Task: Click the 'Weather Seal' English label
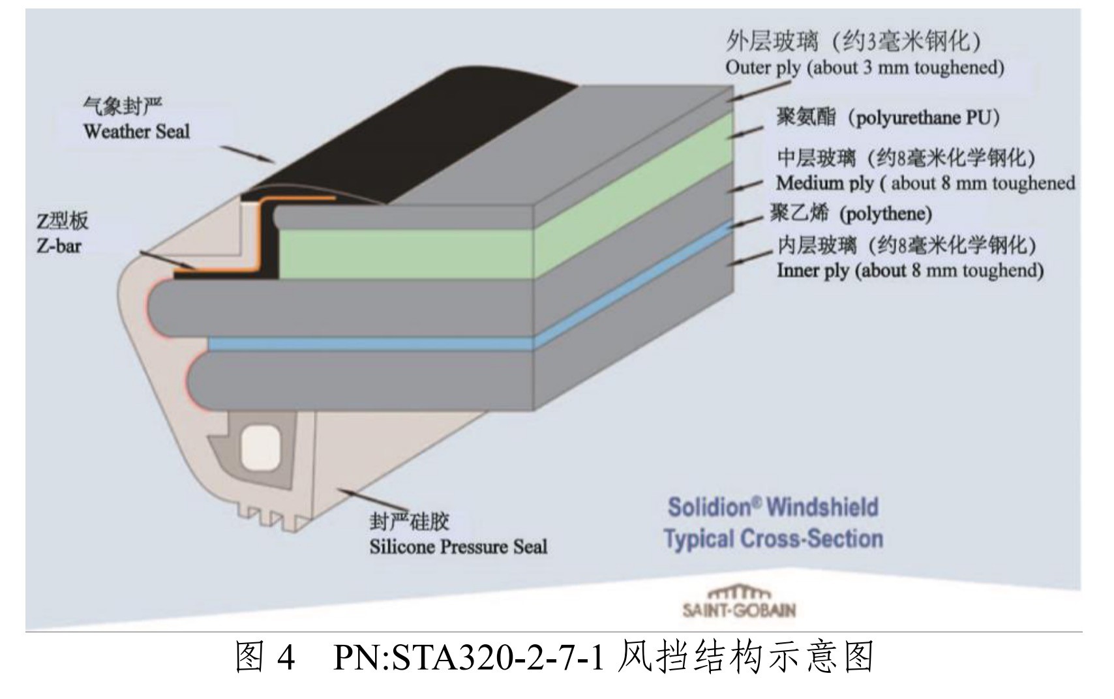click(136, 132)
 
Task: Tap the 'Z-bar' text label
click(59, 247)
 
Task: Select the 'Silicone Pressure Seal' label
click(458, 546)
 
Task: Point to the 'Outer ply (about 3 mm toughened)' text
click(864, 68)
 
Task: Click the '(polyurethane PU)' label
click(926, 118)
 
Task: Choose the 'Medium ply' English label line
click(925, 183)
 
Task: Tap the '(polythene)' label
click(885, 214)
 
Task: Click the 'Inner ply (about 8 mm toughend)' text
click(909, 271)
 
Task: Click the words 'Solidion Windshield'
click(773, 507)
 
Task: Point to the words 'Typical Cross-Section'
click(773, 539)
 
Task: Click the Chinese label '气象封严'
click(123, 106)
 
